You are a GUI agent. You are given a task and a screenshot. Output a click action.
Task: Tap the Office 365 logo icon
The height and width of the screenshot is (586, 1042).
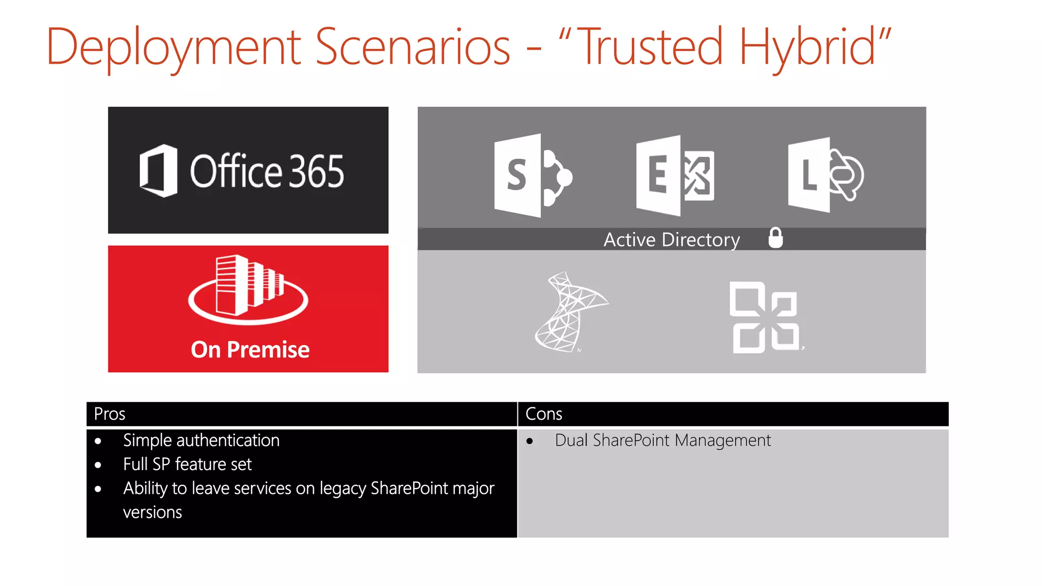coord(159,171)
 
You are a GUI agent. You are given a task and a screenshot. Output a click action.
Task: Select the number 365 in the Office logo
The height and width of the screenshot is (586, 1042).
coord(316,171)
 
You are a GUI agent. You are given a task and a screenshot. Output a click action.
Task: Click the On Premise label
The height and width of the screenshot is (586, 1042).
coord(250,350)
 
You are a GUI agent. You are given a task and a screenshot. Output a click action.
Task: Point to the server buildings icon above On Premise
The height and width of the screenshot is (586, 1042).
coord(248,289)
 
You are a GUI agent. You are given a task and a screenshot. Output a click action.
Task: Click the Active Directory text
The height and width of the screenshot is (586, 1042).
coord(671,240)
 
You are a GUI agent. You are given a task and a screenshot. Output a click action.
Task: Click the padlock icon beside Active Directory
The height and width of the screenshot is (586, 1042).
coord(775,238)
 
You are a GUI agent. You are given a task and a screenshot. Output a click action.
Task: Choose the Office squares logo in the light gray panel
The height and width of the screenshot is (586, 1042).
coord(765,317)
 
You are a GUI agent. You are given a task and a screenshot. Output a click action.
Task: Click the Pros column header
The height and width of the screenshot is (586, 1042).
coord(110,414)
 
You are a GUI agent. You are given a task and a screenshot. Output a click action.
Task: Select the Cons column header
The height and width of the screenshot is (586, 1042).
coord(543,414)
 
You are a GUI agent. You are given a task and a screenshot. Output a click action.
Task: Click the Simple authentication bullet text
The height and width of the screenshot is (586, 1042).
coord(201,441)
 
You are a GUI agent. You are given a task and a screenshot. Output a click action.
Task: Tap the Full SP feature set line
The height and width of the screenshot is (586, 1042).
coord(187,464)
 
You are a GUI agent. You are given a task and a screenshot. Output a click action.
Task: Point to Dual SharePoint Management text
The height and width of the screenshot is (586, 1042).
coord(662,441)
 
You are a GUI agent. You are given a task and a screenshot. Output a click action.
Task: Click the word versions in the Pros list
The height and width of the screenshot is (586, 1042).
coord(152,512)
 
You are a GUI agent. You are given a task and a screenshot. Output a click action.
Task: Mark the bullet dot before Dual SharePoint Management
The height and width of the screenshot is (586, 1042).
coord(530,441)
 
